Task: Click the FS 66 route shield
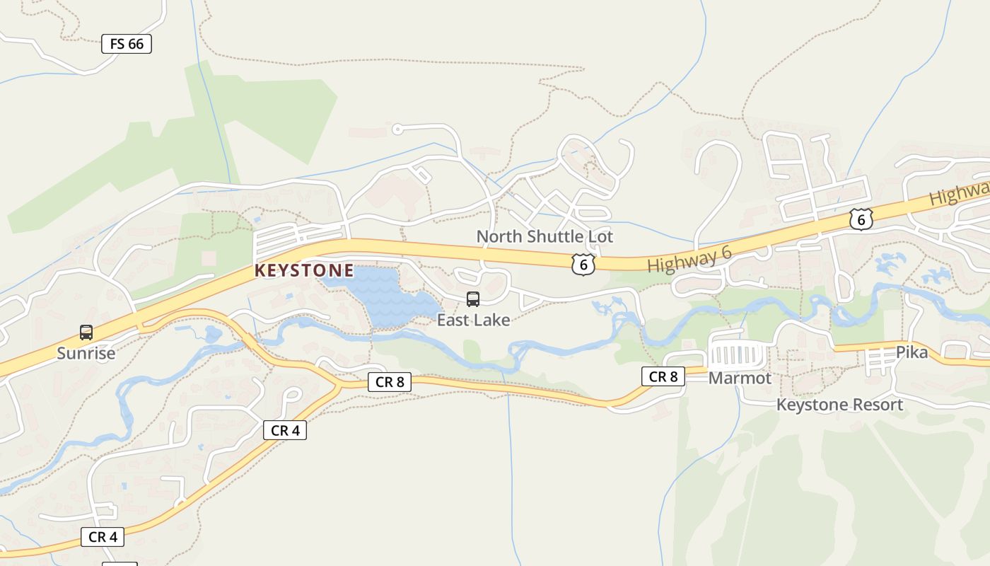click(x=127, y=44)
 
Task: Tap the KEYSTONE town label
click(x=304, y=270)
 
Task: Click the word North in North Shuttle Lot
click(x=497, y=236)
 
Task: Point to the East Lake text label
click(x=473, y=320)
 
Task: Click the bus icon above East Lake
click(x=473, y=299)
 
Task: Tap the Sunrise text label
click(x=86, y=352)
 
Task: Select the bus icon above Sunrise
click(x=86, y=332)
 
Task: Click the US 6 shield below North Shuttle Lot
click(x=583, y=265)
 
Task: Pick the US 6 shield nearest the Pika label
click(x=861, y=219)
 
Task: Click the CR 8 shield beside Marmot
click(x=663, y=376)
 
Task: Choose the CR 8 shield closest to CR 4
click(x=390, y=382)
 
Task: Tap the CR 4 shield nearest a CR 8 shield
click(x=285, y=430)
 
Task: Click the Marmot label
click(x=740, y=378)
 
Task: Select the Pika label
click(x=912, y=352)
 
